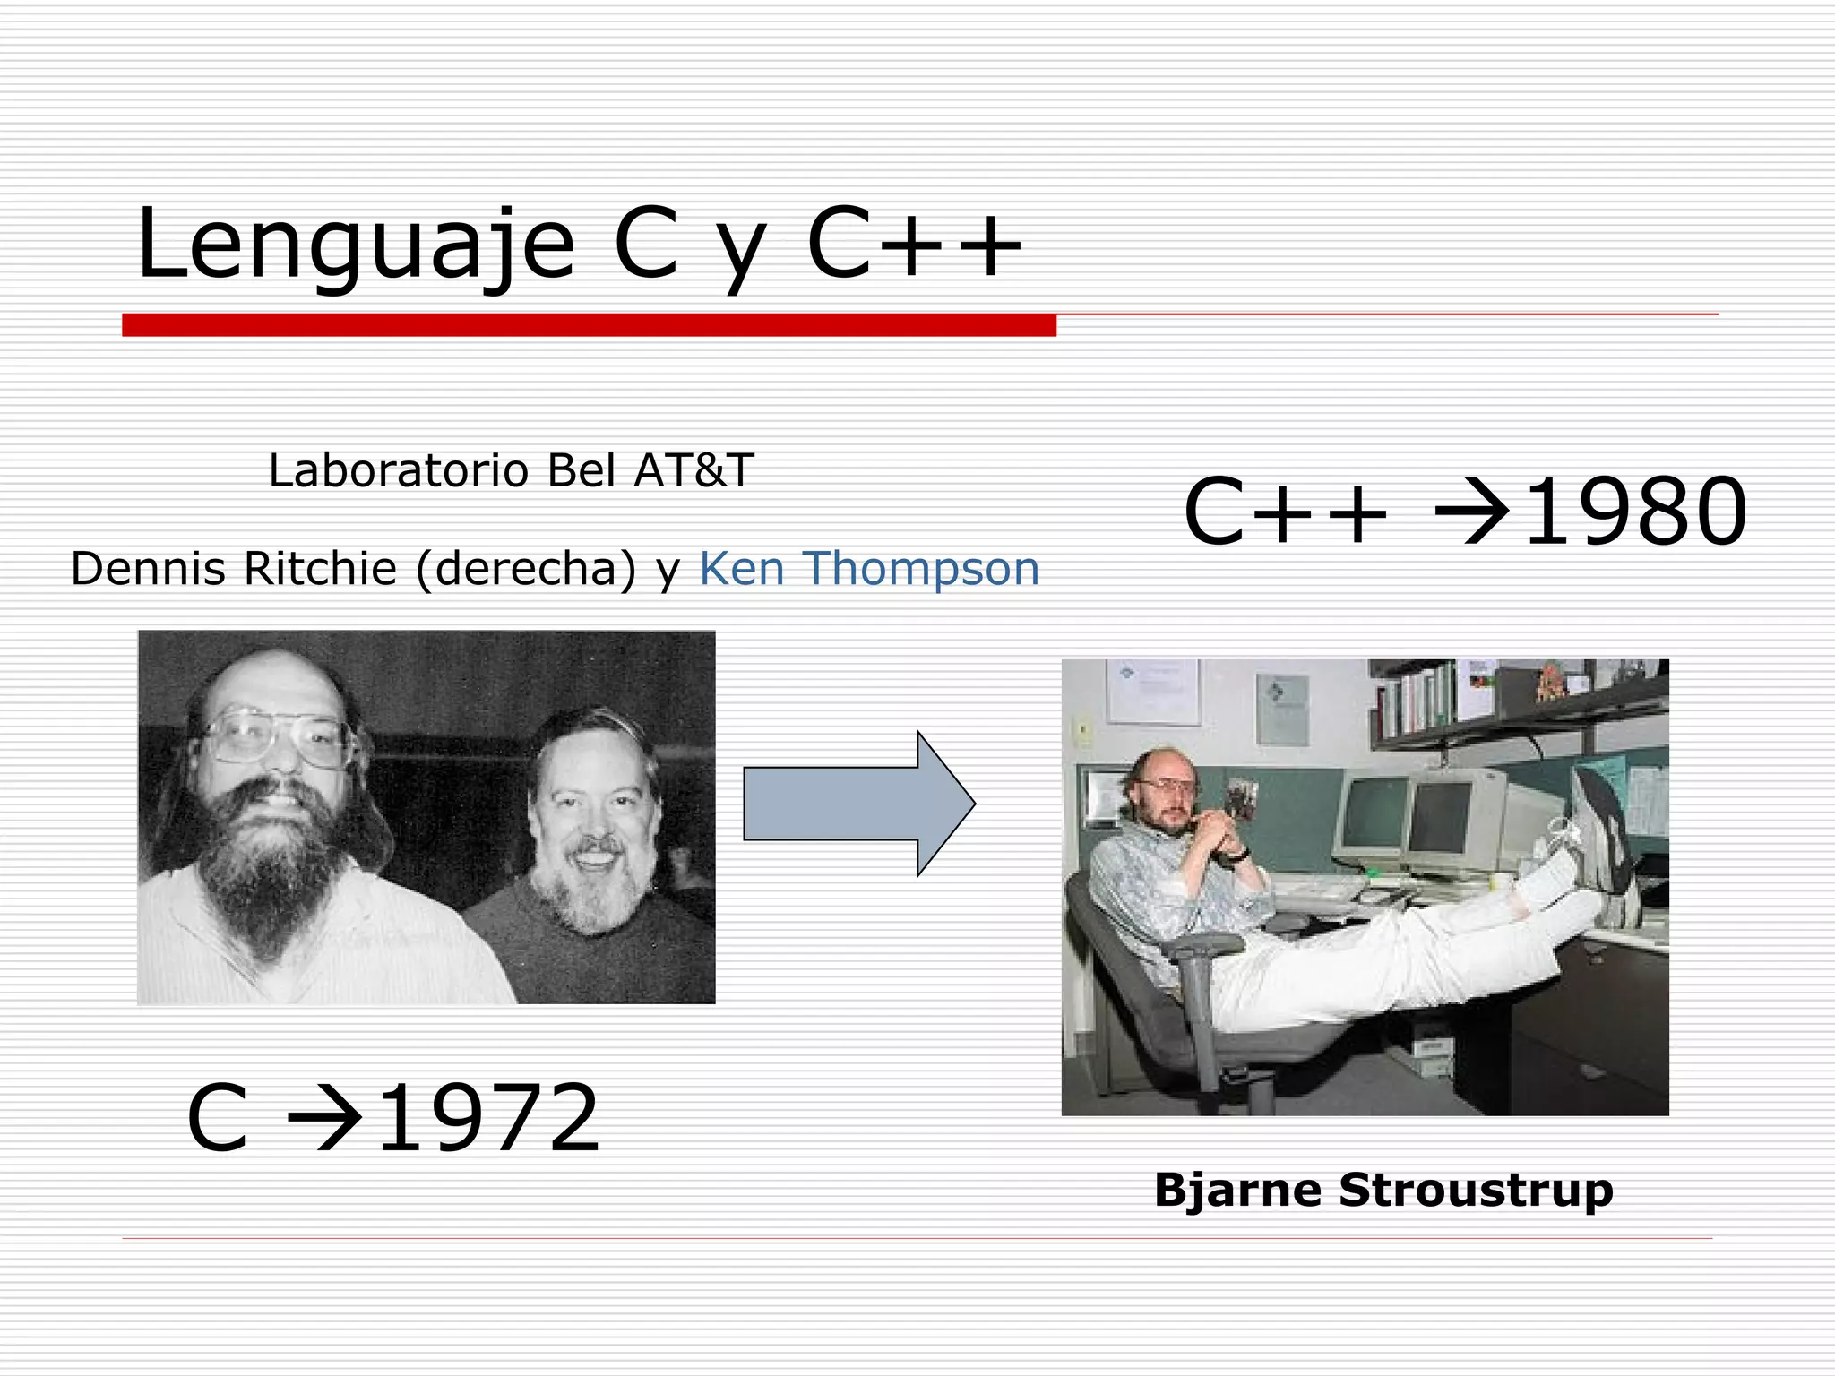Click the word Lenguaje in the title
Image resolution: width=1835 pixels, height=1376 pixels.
pos(355,244)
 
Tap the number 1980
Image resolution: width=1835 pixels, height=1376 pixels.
pos(1634,512)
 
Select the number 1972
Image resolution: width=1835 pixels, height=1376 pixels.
pos(488,1120)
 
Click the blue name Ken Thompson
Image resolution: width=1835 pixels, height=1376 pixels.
pos(868,569)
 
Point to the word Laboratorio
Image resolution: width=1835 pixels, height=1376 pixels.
pos(398,470)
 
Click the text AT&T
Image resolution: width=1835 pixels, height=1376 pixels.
pos(694,470)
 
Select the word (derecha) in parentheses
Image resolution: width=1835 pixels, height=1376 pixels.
pos(527,569)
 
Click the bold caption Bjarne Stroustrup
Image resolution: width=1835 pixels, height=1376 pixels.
pos(1383,1191)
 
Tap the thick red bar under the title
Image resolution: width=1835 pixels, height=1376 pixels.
pos(589,325)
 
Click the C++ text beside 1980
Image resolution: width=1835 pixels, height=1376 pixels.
pos(1285,512)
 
